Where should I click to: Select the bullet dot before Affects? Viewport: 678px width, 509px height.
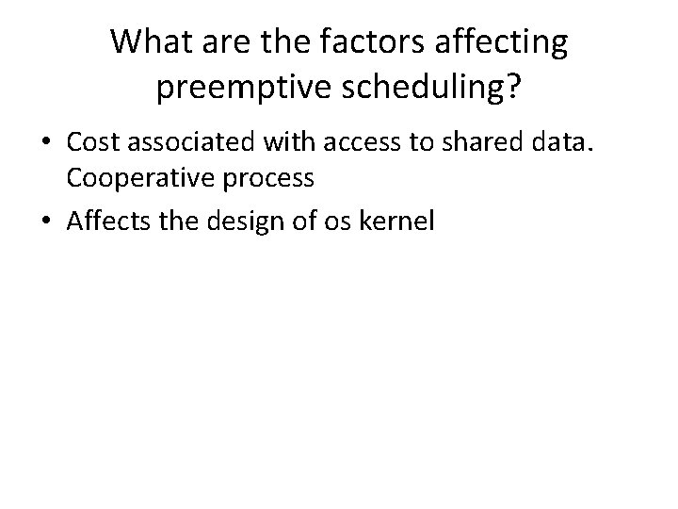(x=44, y=223)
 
